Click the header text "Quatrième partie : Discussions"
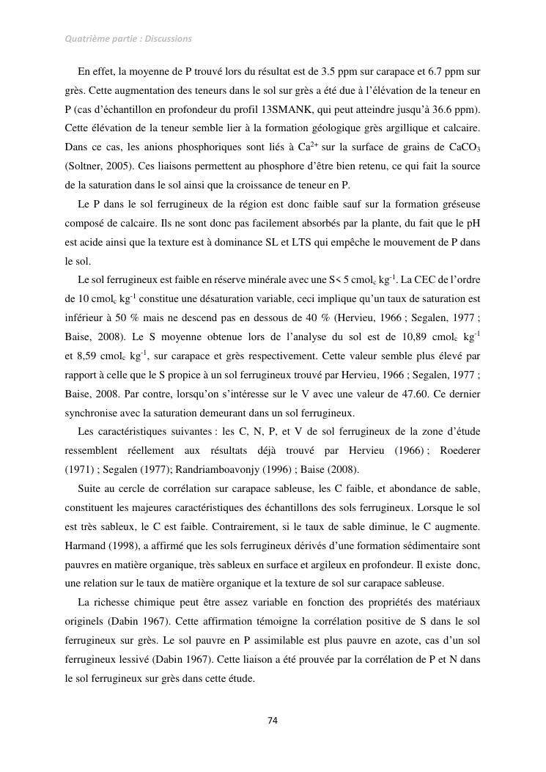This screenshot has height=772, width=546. [128, 38]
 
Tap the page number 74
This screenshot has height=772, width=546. [273, 720]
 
